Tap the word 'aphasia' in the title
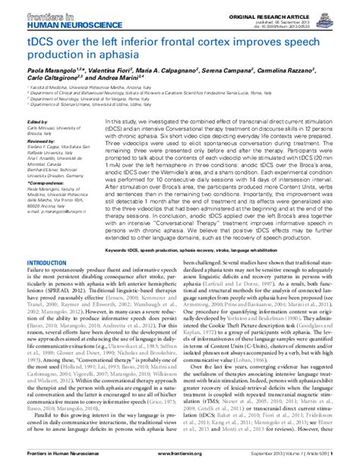click(131, 53)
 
